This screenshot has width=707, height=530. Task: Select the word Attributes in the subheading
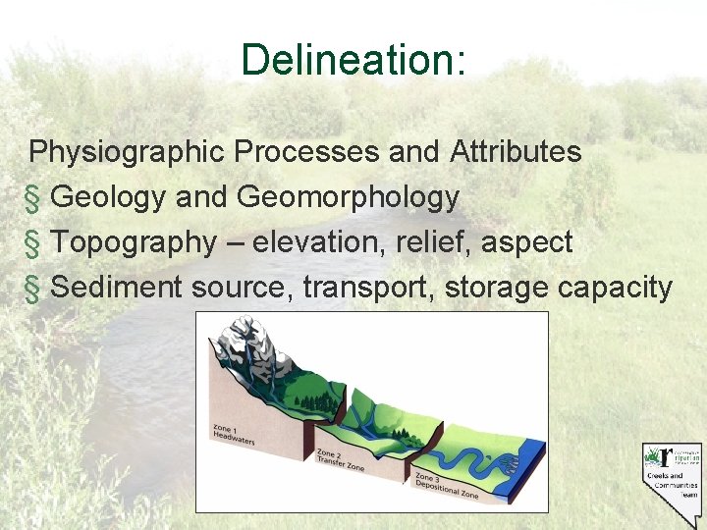[x=516, y=153]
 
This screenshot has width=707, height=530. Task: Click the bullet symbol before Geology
[x=34, y=198]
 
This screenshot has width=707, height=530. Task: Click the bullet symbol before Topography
[x=34, y=242]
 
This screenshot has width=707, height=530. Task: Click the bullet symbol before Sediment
[x=34, y=288]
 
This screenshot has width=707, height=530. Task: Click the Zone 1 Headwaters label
[x=234, y=435]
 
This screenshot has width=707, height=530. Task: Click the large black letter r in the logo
[x=668, y=455]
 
